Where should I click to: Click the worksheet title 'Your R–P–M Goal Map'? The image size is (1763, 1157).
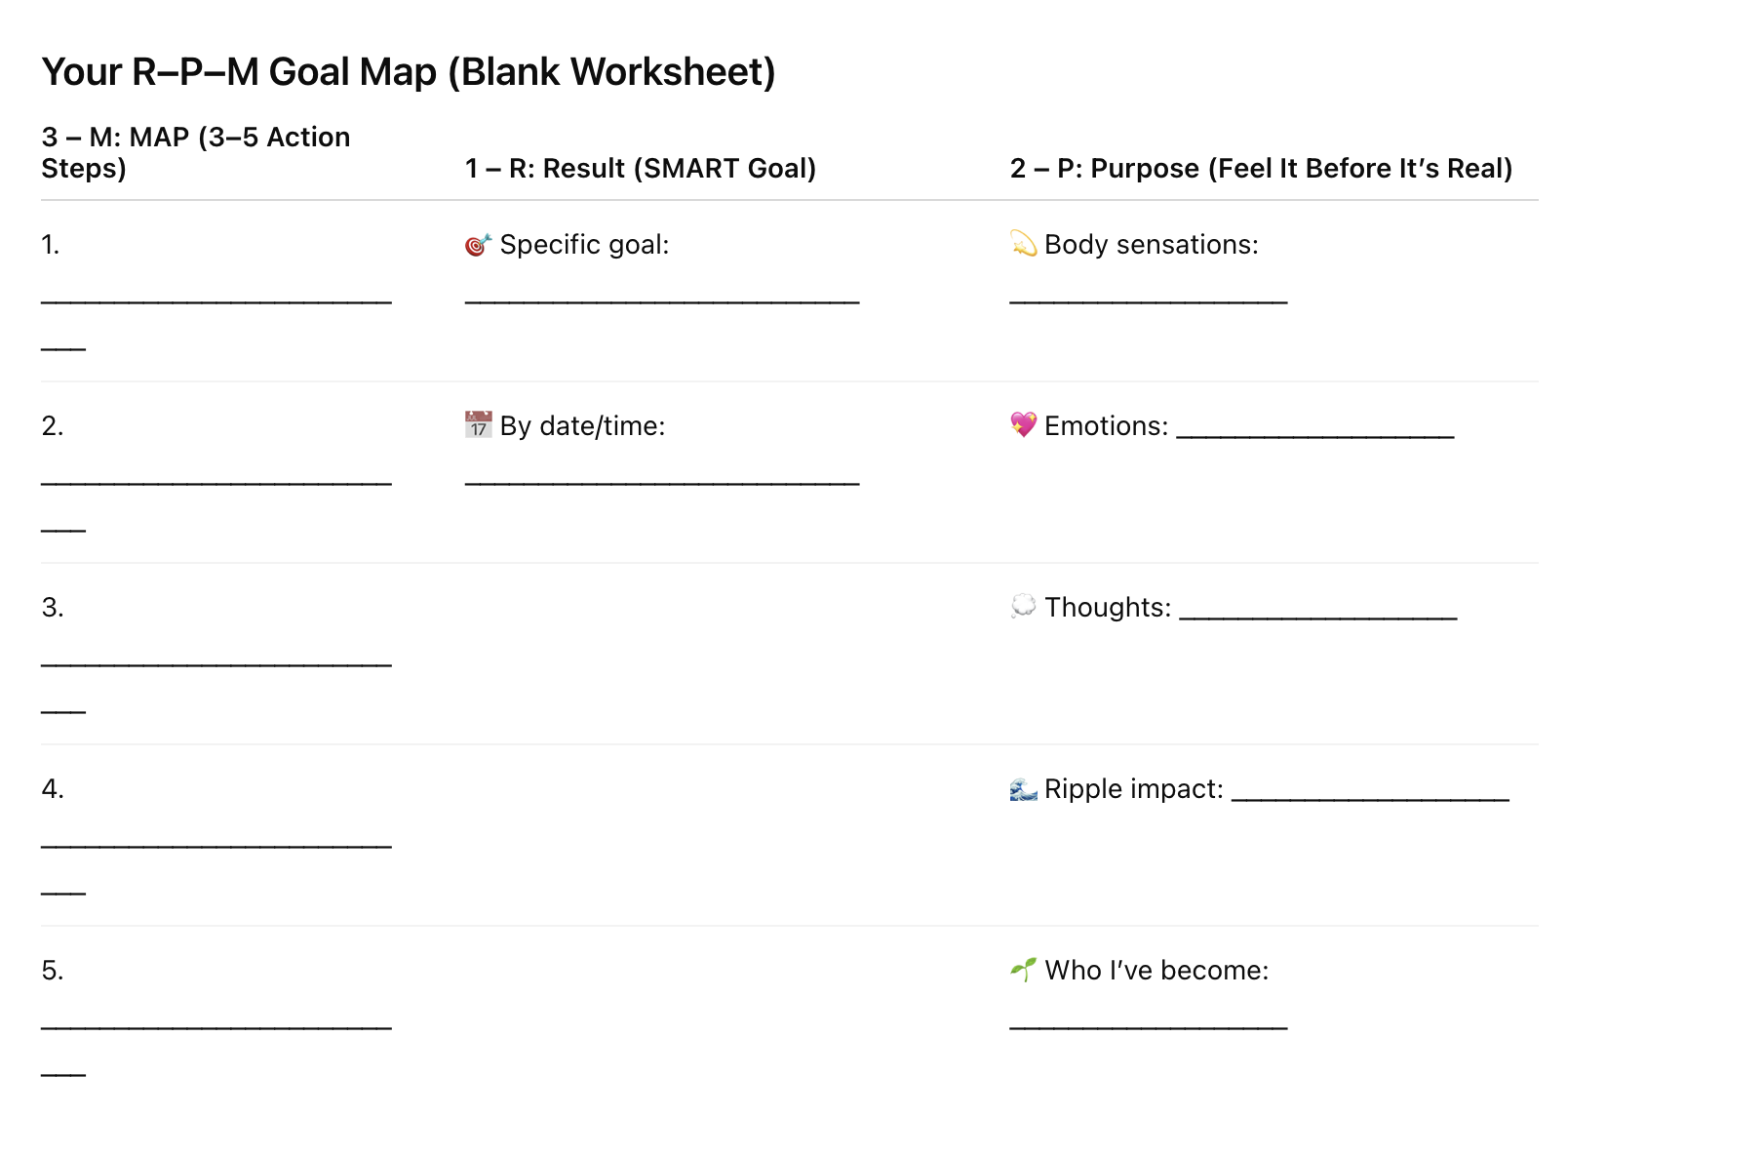(408, 72)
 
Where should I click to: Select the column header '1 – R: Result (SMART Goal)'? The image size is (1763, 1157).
(641, 169)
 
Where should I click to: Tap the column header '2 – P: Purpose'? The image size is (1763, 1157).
(1261, 169)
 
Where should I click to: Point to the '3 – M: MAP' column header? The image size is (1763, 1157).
(195, 152)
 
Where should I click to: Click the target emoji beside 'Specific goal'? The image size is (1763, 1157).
(478, 245)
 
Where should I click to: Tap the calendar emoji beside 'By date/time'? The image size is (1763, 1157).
(478, 425)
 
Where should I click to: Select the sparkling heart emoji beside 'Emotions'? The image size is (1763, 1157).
(1023, 425)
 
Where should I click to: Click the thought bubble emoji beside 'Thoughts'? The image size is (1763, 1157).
(1023, 607)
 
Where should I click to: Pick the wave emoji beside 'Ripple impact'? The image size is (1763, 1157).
(1023, 788)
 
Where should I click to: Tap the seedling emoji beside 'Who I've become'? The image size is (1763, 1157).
(1023, 970)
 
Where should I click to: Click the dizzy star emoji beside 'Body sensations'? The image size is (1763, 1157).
(1023, 245)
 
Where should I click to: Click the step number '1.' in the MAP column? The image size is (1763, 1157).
(51, 245)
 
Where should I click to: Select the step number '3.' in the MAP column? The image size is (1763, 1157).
(53, 608)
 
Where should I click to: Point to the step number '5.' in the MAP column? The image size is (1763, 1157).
(53, 971)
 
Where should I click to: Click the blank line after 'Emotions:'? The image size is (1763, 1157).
(1314, 435)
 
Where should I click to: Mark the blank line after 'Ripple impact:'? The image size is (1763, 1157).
(1370, 798)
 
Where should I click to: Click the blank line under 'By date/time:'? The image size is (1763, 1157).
(662, 482)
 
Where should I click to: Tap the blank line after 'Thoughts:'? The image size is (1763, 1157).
(1317, 617)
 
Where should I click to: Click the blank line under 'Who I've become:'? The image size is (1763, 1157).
(1149, 1026)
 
